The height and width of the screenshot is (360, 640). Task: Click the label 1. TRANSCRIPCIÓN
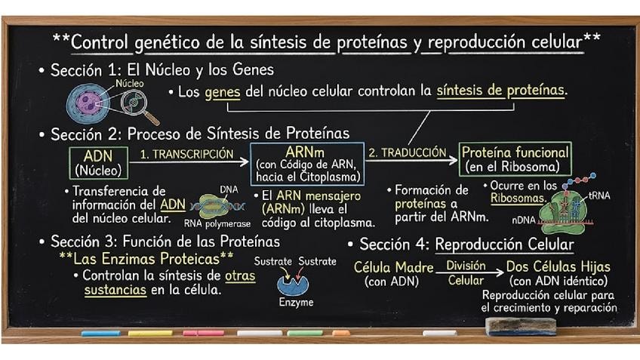click(186, 154)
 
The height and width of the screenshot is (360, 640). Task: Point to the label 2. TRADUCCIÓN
click(408, 152)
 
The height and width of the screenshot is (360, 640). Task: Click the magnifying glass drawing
click(139, 106)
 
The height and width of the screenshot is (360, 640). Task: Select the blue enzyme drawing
click(293, 285)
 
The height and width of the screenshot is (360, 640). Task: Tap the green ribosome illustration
click(565, 211)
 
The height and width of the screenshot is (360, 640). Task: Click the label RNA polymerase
click(217, 223)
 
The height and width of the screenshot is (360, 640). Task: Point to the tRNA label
click(599, 196)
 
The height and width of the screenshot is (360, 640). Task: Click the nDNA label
click(524, 220)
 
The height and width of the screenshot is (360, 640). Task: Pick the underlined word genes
click(223, 92)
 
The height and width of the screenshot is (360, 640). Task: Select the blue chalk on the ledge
click(101, 334)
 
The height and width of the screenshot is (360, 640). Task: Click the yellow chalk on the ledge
click(150, 334)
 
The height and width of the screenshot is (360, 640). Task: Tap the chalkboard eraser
click(521, 327)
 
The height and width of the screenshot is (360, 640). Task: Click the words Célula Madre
click(393, 267)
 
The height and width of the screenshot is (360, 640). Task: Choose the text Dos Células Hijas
click(558, 266)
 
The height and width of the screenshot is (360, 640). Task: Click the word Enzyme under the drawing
click(296, 303)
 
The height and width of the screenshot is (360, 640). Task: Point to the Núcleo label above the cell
click(129, 83)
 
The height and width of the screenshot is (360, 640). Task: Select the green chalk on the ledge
click(305, 334)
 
